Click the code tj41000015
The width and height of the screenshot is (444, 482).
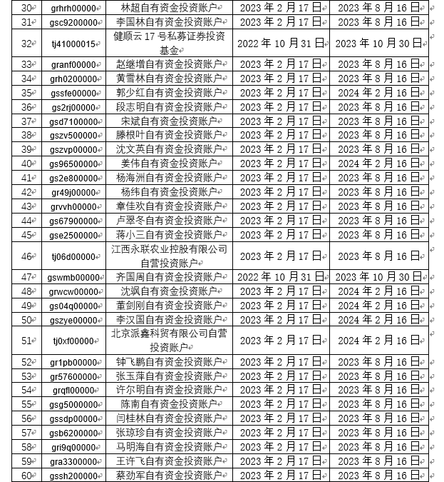[x=73, y=44]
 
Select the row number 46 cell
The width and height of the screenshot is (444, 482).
[x=27, y=256]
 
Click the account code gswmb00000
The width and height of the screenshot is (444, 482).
[x=73, y=278]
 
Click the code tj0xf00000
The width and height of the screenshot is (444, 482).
[x=73, y=341]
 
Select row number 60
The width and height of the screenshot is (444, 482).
[x=27, y=476]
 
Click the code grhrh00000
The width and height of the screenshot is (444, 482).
[x=73, y=8]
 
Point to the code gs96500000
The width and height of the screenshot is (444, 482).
[x=73, y=164]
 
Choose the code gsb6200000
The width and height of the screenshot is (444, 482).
[x=73, y=433]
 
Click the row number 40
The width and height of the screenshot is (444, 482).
[x=27, y=164]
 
